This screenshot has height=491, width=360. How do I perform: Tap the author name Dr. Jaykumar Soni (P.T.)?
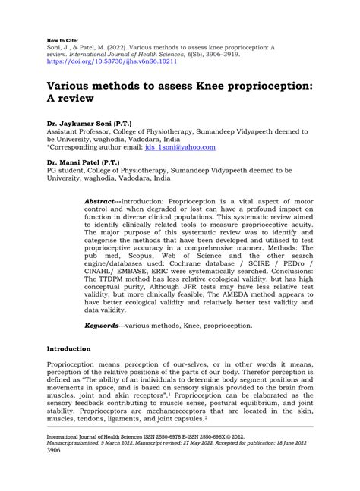pyautogui.click(x=90, y=122)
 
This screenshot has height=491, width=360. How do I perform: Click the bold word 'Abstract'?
pyautogui.click(x=103, y=194)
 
